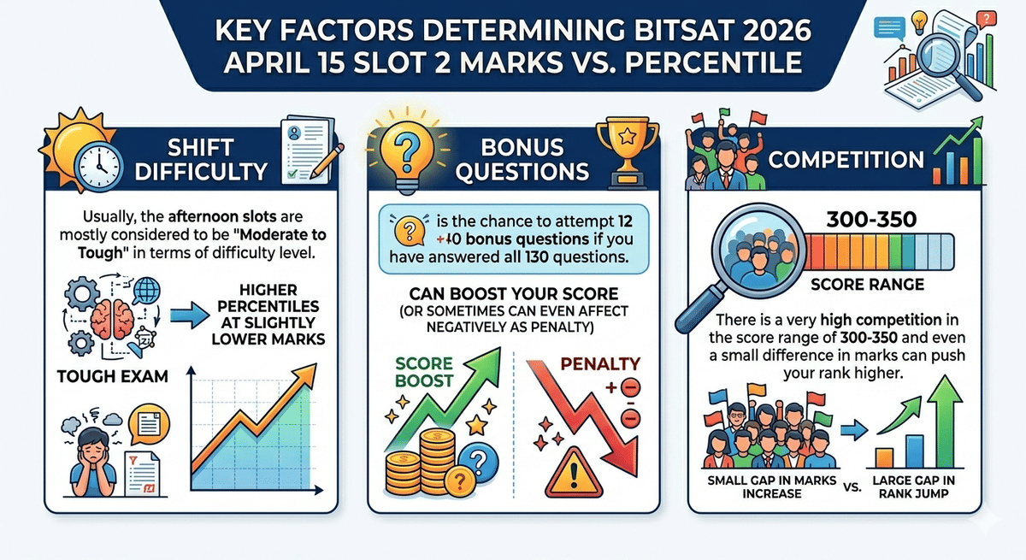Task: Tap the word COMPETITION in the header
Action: click(x=845, y=160)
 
